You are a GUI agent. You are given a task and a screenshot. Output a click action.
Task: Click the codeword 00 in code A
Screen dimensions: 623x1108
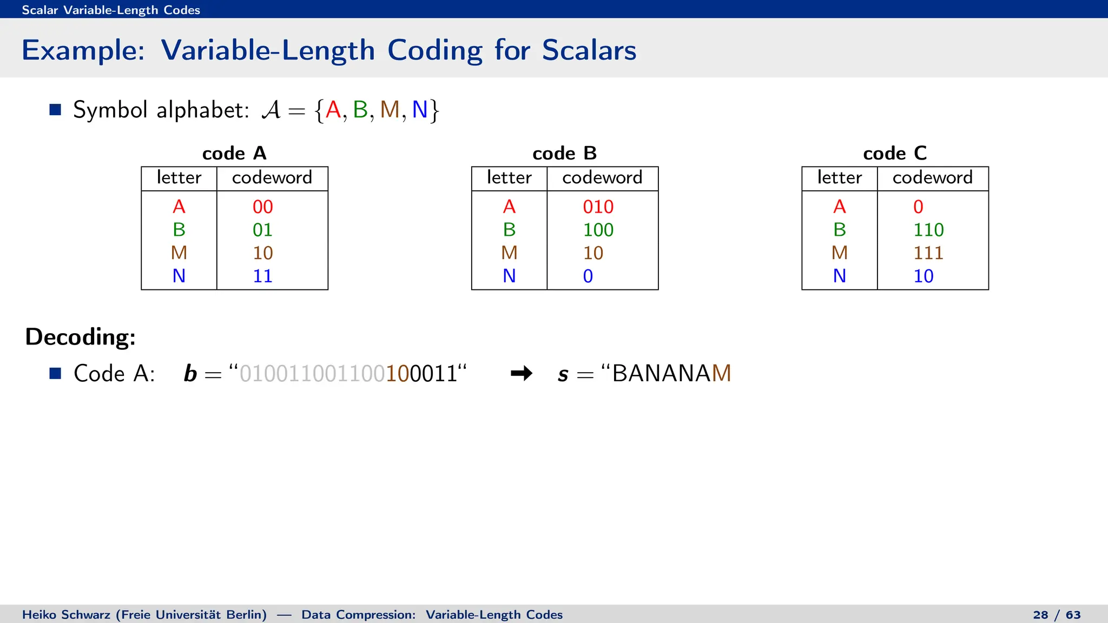click(x=262, y=207)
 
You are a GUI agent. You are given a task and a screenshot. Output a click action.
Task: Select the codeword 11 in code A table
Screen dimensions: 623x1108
click(x=262, y=276)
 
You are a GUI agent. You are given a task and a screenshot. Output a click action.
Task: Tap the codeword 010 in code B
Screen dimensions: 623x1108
click(x=598, y=207)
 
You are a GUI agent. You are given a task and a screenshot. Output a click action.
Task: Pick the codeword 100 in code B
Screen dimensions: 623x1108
click(x=598, y=230)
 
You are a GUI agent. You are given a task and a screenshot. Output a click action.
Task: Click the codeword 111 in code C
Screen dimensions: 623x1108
click(x=928, y=253)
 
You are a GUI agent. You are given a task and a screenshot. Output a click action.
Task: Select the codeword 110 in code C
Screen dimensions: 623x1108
click(x=928, y=230)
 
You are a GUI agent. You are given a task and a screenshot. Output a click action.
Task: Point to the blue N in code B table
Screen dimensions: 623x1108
click(x=509, y=276)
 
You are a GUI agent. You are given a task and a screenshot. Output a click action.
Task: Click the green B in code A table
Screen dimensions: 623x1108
click(x=179, y=230)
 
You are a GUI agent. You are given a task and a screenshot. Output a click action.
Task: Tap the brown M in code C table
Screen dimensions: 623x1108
click(x=840, y=253)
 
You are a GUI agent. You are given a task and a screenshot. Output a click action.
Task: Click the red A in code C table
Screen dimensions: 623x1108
click(x=840, y=207)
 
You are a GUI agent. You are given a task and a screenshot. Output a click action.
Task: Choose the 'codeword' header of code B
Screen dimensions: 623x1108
click(x=602, y=178)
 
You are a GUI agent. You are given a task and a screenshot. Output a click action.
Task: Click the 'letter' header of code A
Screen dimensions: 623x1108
click(x=179, y=178)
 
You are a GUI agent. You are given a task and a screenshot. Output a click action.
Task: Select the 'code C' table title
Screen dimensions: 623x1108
click(x=895, y=154)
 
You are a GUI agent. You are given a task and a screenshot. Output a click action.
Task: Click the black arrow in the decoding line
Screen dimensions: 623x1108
click(x=522, y=373)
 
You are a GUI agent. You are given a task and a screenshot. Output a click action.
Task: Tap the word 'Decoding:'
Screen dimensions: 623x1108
click(x=81, y=337)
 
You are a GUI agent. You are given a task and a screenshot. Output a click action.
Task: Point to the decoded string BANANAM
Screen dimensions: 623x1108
click(x=671, y=373)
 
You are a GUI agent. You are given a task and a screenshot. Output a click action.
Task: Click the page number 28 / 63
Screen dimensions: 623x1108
click(x=1057, y=615)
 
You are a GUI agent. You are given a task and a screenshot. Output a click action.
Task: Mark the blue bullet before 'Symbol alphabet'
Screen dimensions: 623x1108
click(x=55, y=110)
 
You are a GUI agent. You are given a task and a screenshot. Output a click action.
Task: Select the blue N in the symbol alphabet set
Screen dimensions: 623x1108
click(x=420, y=110)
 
